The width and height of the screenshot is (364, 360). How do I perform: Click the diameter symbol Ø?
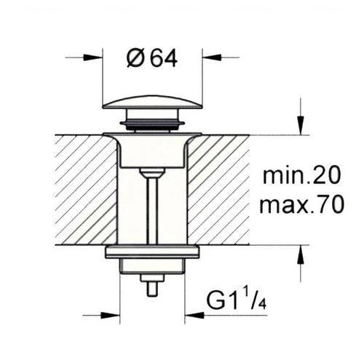[135, 58]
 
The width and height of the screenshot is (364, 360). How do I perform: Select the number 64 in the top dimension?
[164, 58]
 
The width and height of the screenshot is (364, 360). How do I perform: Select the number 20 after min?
[325, 176]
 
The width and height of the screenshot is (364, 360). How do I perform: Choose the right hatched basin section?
[218, 189]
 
